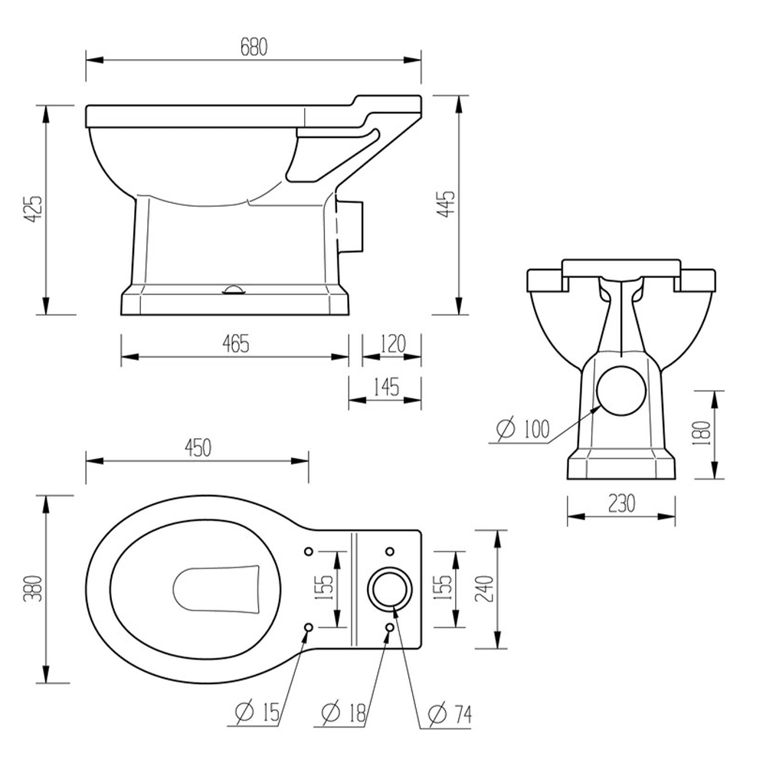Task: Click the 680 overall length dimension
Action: pos(254,47)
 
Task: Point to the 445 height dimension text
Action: pos(447,205)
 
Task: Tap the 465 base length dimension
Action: pos(236,344)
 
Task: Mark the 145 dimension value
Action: pos(386,387)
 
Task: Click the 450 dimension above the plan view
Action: pos(197,448)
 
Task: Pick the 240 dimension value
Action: pos(484,588)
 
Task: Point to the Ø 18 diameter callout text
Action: pos(345,714)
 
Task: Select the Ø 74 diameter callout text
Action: pos(450,714)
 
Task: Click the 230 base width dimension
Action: pos(621,503)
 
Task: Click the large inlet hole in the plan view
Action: pos(390,588)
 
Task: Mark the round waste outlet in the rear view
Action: pos(621,389)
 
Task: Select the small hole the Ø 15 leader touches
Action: pos(309,627)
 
